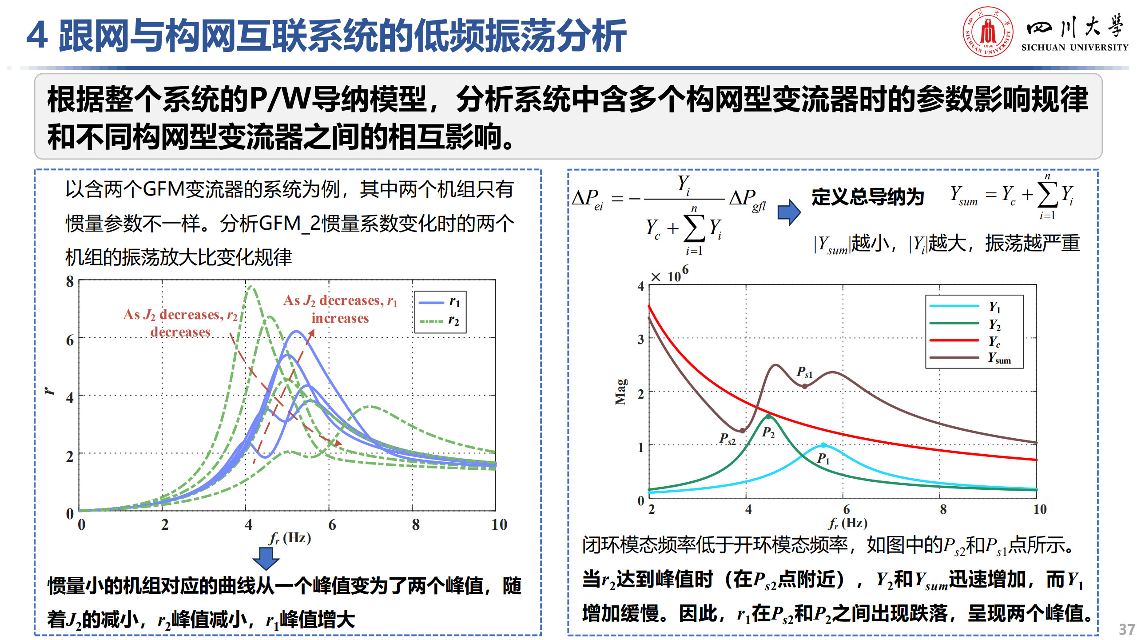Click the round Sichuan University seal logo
[988, 32]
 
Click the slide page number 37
[1127, 629]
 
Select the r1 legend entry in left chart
[440, 302]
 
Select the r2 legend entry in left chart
[440, 320]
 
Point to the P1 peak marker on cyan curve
[823, 445]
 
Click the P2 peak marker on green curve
[768, 416]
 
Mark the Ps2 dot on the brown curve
[742, 431]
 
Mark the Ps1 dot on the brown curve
[805, 386]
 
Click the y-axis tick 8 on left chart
[70, 281]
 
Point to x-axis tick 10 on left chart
[499, 524]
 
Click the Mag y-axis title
[621, 392]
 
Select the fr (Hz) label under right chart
[848, 523]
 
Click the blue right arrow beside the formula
[789, 212]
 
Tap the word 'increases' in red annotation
[340, 318]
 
